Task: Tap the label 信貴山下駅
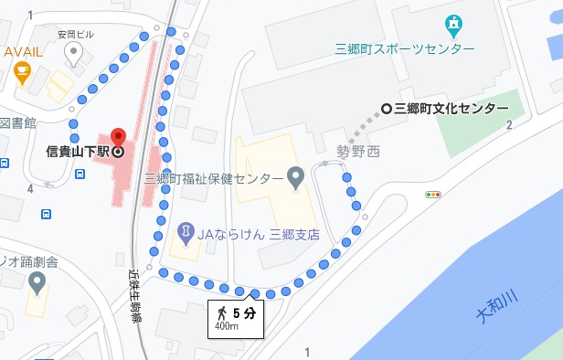78,151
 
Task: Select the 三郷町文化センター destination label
451,108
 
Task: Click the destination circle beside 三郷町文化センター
387,108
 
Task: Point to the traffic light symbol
433,195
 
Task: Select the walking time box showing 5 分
235,317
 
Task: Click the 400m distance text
227,327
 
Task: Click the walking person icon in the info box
220,314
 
